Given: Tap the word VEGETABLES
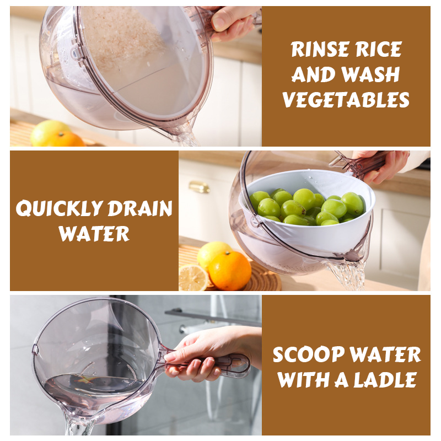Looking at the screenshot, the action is coord(346,100).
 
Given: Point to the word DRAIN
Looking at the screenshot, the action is coord(140,208).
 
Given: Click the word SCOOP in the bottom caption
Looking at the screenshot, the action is coord(309,354).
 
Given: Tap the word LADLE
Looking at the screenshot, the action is coord(385,380).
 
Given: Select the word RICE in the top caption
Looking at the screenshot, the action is coord(378,50).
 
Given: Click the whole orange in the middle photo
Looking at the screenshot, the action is coord(230,271).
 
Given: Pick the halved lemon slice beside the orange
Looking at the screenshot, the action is coord(193,278).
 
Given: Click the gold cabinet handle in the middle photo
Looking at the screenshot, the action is coord(199,187).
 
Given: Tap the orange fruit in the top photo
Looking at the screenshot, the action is coord(66,139).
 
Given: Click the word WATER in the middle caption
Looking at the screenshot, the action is coord(94,233).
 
